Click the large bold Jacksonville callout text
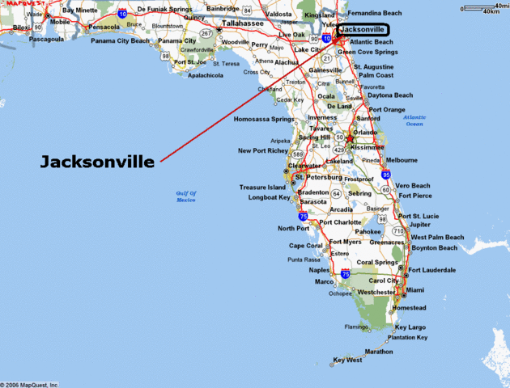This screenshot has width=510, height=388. pos(97,162)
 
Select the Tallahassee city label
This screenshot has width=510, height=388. pos(244,23)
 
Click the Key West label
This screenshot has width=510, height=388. pos(349,360)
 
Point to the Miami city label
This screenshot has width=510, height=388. pos(416,290)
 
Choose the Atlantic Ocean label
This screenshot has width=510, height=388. pos(414,120)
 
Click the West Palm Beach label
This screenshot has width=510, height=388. pos(438,238)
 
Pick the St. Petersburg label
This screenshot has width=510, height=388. pos(321,176)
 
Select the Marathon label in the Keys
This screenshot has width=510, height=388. pos(379,352)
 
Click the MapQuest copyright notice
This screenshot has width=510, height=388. pos(29,384)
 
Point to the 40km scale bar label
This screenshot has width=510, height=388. pos(490,12)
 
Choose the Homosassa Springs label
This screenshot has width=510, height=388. pos(263,119)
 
